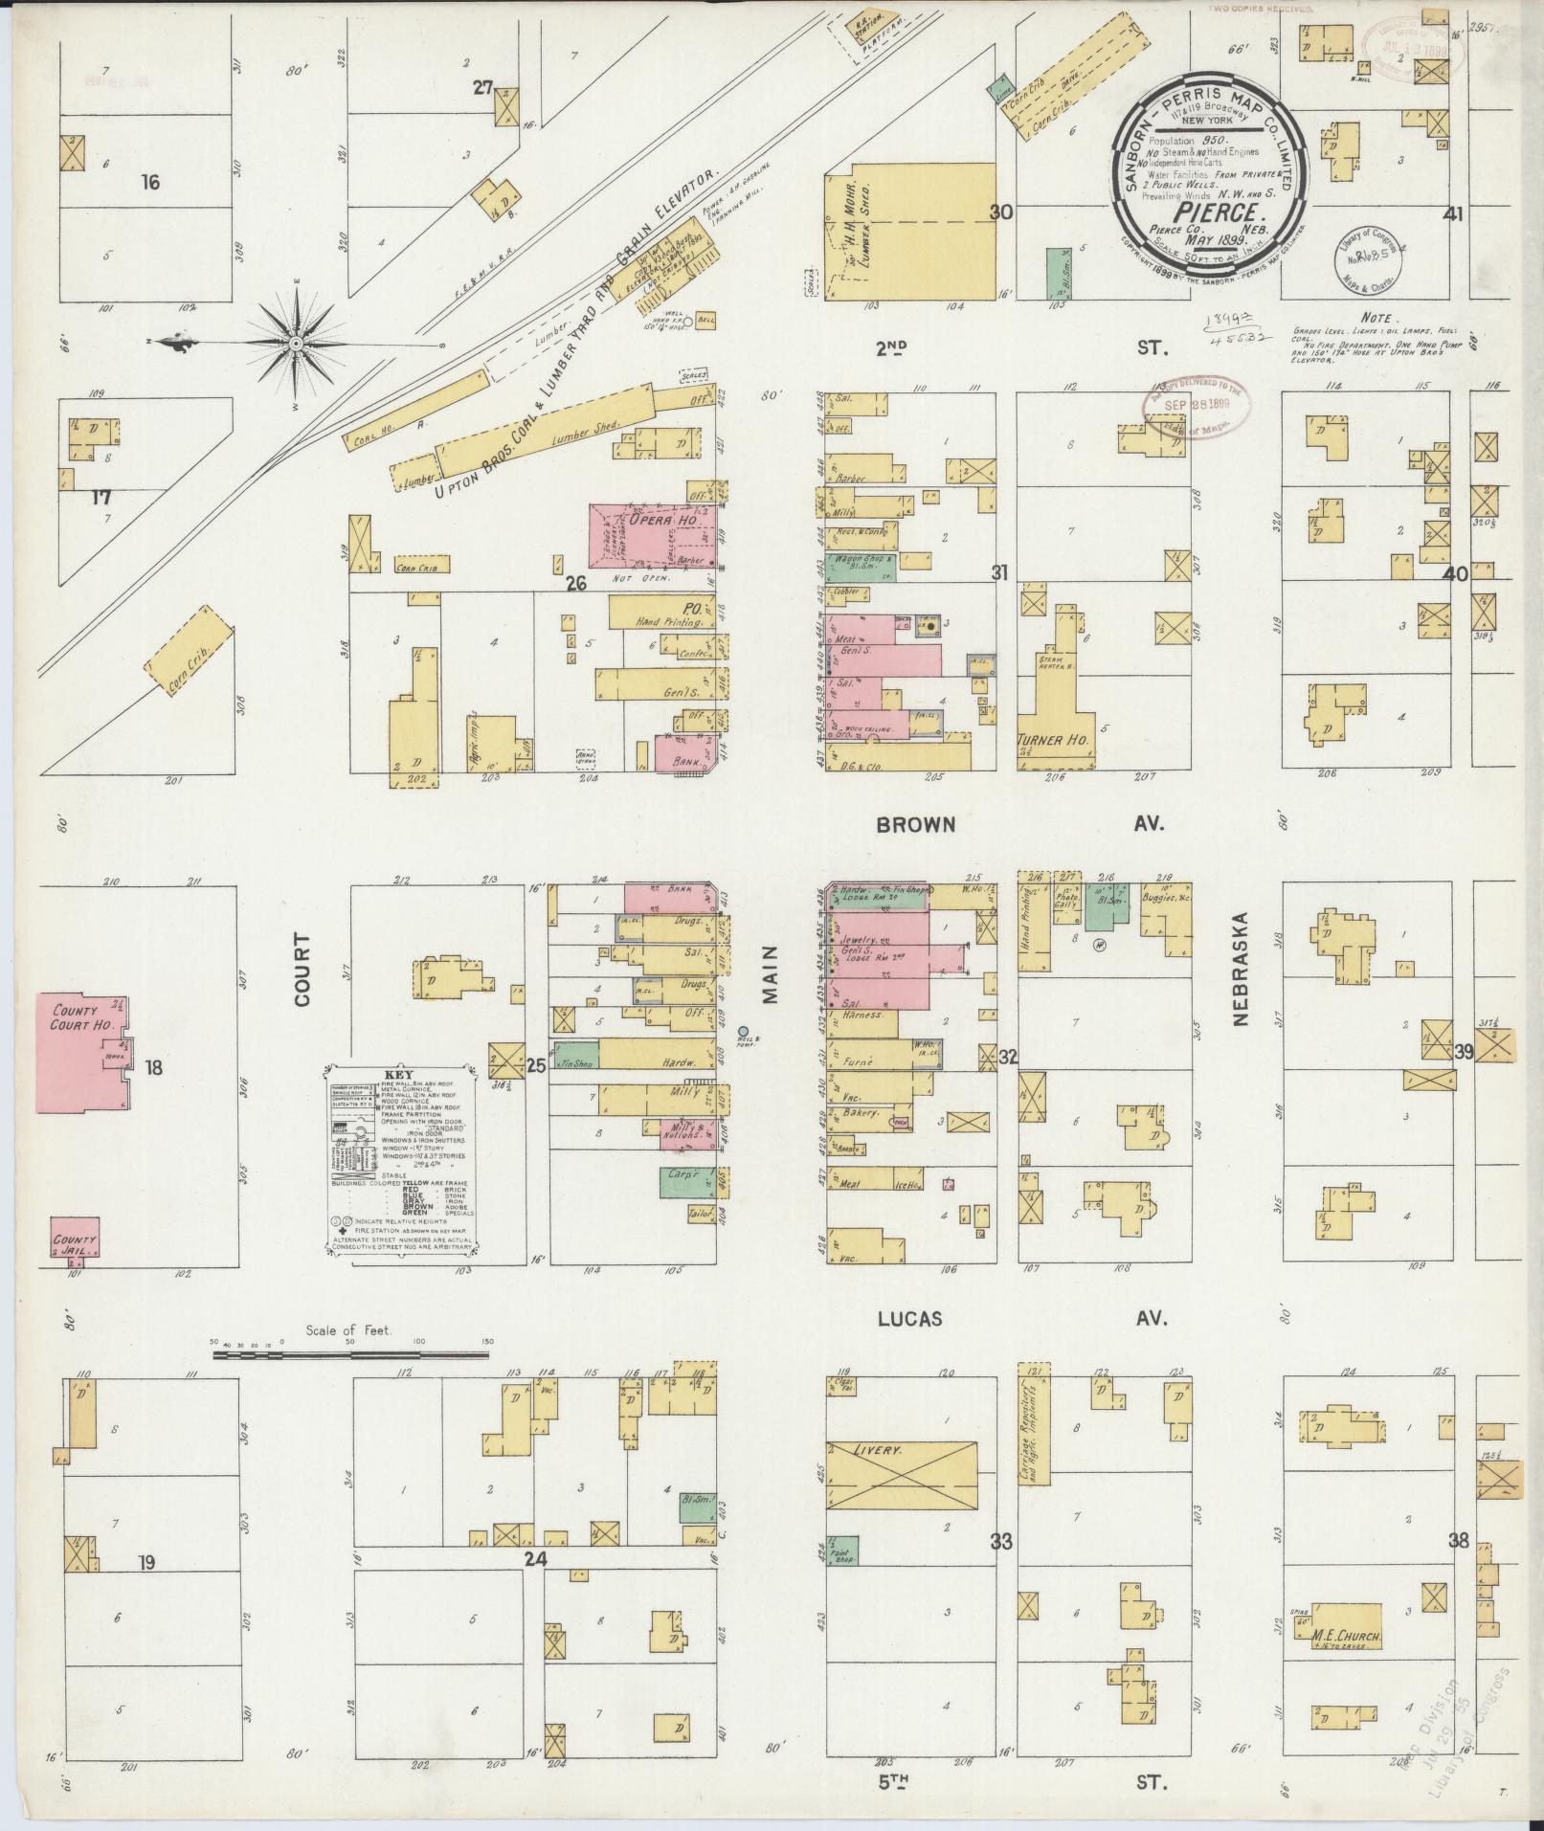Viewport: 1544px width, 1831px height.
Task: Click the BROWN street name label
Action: click(x=916, y=824)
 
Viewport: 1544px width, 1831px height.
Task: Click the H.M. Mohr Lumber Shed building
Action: click(x=909, y=230)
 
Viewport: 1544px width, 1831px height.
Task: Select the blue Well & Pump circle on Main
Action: click(x=743, y=1031)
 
